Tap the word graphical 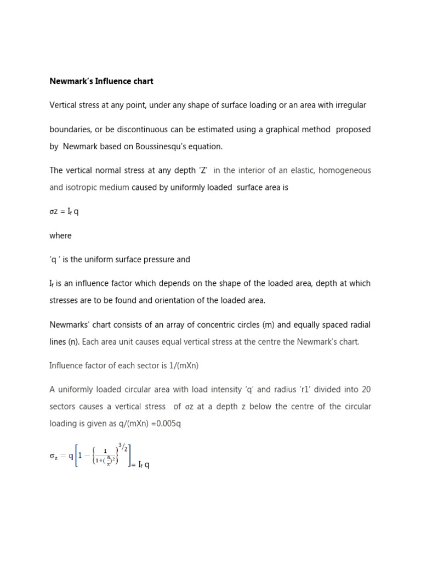pos(294,130)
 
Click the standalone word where pos(60,235)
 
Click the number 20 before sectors pos(366,390)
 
